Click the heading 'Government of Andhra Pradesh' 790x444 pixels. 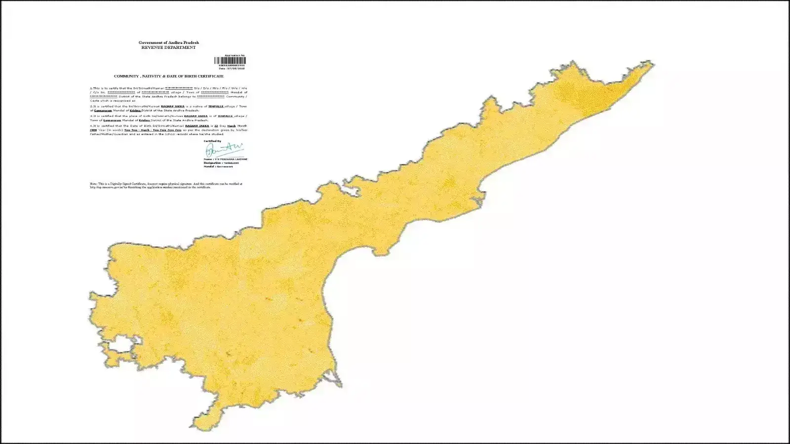tap(168, 43)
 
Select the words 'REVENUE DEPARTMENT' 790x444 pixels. tap(168, 48)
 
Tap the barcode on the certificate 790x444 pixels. tap(230, 61)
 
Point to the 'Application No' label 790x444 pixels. tap(235, 55)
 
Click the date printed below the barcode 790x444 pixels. tap(232, 69)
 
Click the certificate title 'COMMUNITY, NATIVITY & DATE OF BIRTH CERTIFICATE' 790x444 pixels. tap(168, 76)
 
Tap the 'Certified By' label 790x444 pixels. tap(212, 141)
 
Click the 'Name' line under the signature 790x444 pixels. tap(225, 159)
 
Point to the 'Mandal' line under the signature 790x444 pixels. tap(218, 167)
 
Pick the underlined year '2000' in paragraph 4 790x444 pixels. tap(93, 130)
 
